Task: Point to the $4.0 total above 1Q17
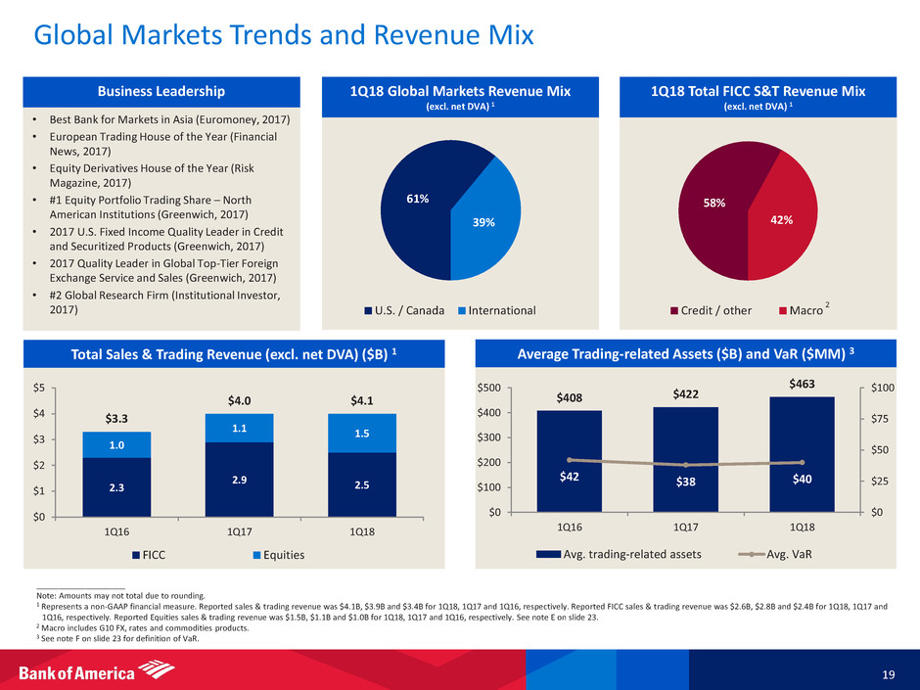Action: (239, 399)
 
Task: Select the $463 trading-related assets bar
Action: (801, 453)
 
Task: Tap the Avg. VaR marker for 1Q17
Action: (686, 465)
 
